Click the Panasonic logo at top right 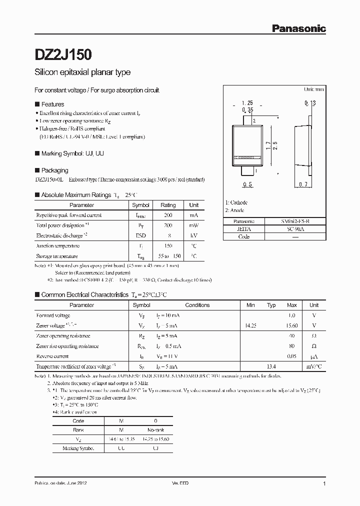click(x=298, y=29)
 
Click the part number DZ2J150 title click(x=62, y=53)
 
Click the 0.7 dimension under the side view click(x=302, y=185)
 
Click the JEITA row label click(x=244, y=228)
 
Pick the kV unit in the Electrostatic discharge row click(x=194, y=235)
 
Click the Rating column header click(x=168, y=205)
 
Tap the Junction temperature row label click(x=57, y=246)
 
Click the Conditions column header click(x=197, y=305)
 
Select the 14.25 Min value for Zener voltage click(x=250, y=325)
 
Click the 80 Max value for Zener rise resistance click(x=291, y=346)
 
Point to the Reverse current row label click(x=52, y=356)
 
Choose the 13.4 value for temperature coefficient click(x=271, y=366)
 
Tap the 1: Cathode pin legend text click(x=236, y=202)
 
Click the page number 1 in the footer click(x=324, y=483)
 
